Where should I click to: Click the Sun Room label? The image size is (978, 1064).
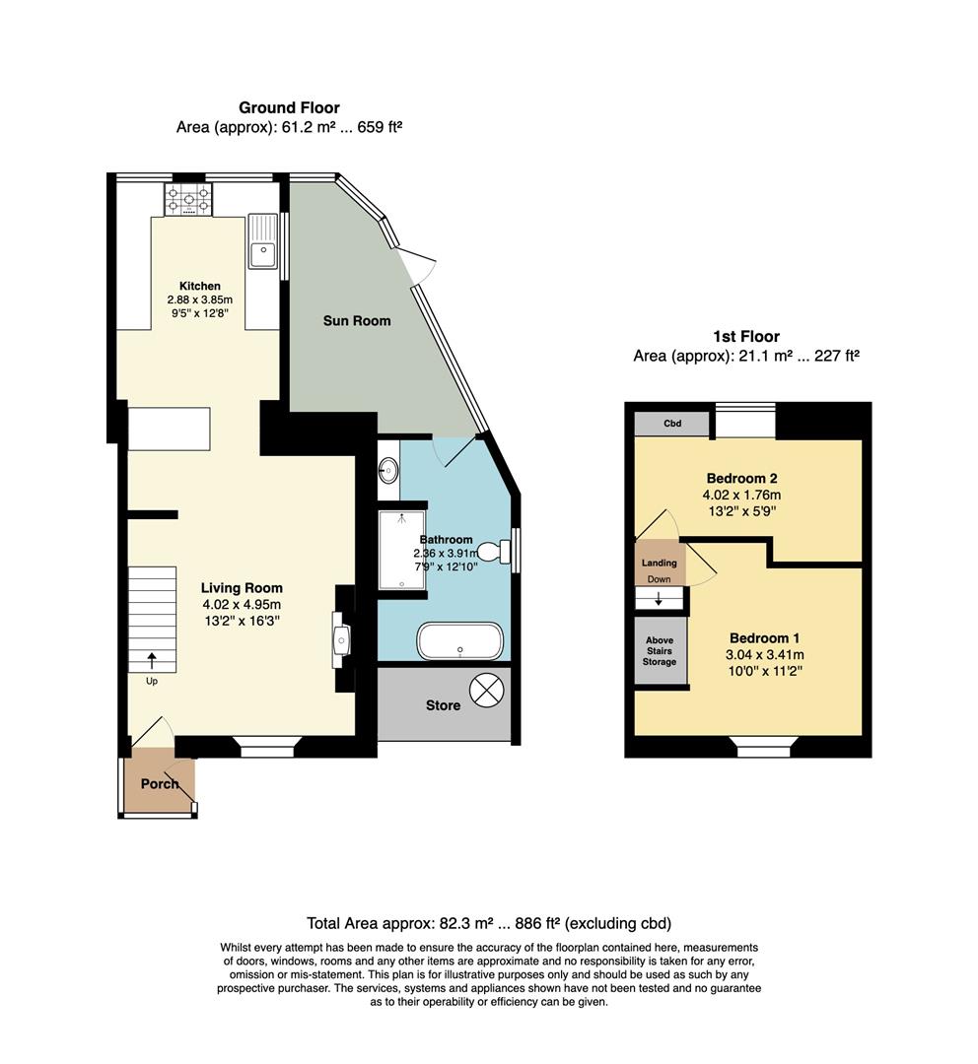(x=357, y=321)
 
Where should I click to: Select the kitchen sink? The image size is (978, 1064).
(x=264, y=242)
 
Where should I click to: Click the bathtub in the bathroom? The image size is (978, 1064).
(x=460, y=641)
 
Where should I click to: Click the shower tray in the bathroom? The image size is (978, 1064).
(x=402, y=549)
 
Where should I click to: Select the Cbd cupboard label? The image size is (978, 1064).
(x=672, y=425)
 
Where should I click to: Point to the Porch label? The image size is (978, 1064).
(x=160, y=784)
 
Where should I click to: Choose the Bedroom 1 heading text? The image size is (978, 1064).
(x=766, y=637)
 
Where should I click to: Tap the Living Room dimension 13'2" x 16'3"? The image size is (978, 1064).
(x=242, y=621)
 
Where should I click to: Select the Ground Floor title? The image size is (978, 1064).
(x=289, y=108)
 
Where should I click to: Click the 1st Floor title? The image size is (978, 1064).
(x=746, y=337)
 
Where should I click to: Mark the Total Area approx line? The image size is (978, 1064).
(x=489, y=924)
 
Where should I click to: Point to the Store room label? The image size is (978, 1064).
(x=444, y=705)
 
